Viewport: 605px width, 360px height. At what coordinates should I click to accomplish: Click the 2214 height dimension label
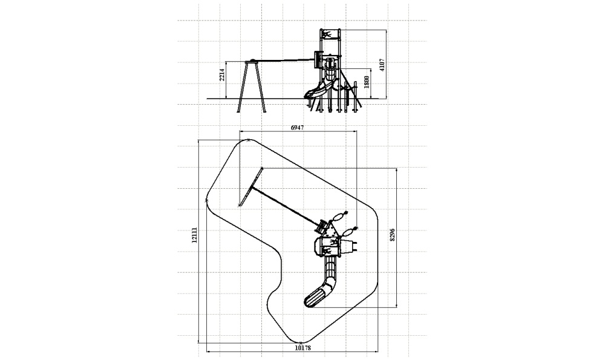[x=222, y=74]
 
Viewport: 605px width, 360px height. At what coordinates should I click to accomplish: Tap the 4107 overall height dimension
[x=382, y=65]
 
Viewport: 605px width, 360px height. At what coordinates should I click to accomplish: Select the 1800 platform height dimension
[x=367, y=82]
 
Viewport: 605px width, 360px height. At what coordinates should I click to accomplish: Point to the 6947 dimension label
[x=297, y=128]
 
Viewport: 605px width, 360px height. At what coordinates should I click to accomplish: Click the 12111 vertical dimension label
[x=194, y=235]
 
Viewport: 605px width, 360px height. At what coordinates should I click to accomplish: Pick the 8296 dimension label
[x=393, y=235]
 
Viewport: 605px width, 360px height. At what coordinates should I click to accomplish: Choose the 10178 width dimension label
[x=302, y=348]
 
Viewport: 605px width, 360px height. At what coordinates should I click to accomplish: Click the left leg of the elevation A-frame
[x=242, y=87]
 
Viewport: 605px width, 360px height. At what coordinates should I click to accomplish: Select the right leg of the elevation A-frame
[x=260, y=87]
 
